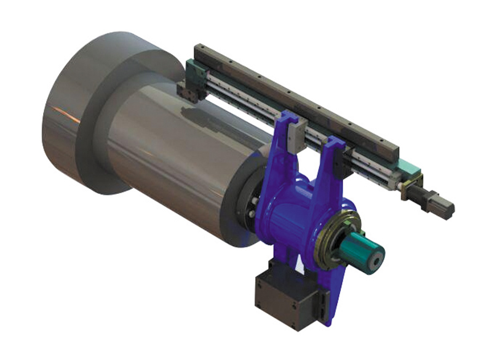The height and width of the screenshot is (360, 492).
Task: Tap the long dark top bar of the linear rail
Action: pos(295,98)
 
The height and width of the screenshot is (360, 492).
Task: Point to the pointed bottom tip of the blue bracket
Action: pos(330,320)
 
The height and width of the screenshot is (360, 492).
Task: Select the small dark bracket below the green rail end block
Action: pos(188,92)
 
